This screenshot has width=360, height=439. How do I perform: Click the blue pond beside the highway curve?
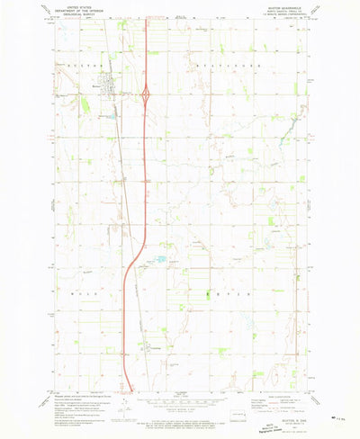pos(160,260)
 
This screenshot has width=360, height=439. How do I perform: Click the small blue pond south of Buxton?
pos(112,115)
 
